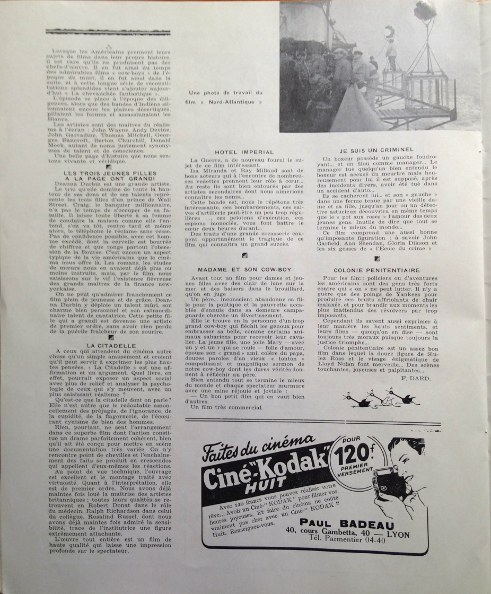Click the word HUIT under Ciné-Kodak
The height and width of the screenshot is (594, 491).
tap(272, 482)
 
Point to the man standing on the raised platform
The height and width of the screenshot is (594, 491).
tap(391, 54)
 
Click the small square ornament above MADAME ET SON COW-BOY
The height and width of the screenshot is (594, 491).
tap(244, 255)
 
